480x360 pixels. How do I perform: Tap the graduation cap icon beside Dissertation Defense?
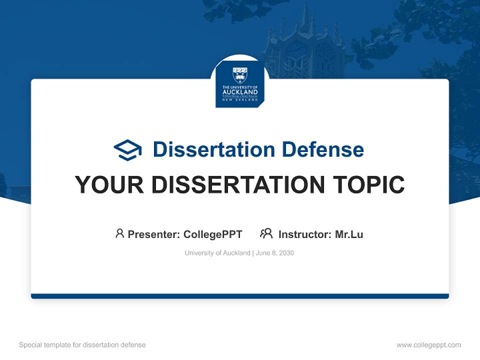127,150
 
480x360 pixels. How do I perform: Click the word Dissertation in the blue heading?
213,149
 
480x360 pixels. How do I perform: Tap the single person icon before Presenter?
119,233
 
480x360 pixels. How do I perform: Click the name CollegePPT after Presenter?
213,234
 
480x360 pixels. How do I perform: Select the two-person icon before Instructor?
266,233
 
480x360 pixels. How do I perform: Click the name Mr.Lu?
349,234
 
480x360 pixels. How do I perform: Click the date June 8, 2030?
275,253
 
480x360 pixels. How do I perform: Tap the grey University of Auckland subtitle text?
217,253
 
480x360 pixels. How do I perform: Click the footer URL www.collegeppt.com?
428,345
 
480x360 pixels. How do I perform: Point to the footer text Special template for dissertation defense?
82,345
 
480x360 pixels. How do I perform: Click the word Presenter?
154,234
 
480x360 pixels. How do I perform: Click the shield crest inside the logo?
240,75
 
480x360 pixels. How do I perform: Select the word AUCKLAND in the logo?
240,92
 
